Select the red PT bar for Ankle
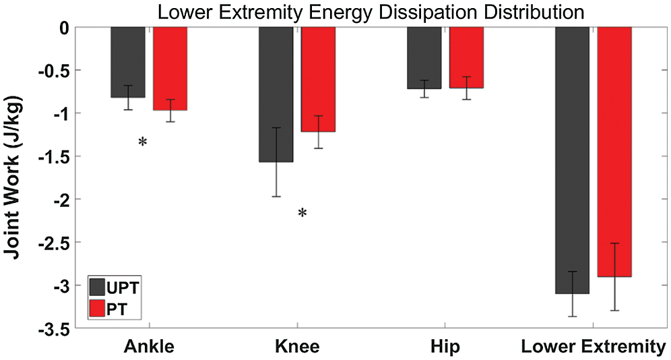170,68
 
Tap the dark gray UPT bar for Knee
276,94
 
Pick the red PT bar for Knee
318,79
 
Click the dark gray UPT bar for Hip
424,57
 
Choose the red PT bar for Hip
466,57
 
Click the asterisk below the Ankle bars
142,143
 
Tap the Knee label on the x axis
297,347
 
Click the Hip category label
445,347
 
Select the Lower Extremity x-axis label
593,347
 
